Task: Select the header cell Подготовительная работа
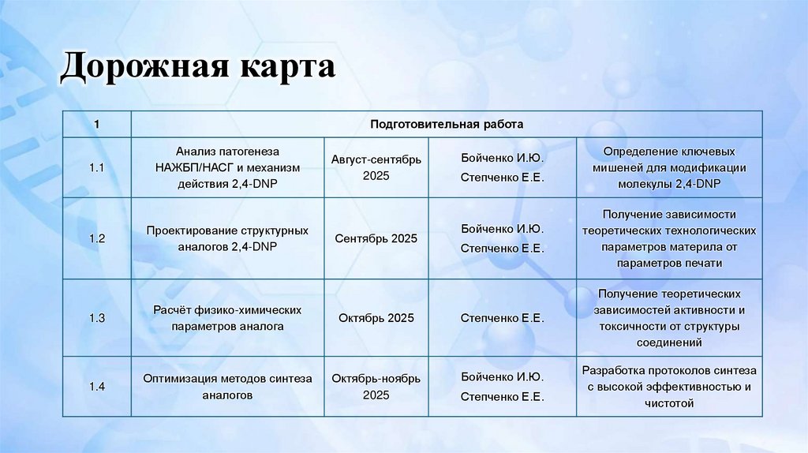(446, 125)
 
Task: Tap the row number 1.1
(97, 167)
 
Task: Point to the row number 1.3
(97, 318)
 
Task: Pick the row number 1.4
(97, 387)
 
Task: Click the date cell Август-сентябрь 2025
(376, 167)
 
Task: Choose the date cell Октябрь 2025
(376, 318)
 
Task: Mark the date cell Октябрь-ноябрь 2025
(376, 387)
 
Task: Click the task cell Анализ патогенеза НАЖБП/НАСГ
(227, 167)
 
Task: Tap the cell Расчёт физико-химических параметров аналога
(227, 318)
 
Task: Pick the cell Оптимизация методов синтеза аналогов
(227, 387)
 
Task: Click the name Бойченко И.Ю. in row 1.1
(503, 158)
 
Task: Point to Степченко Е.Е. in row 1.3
(503, 318)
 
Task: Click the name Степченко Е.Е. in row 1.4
(503, 396)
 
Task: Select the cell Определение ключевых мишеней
(669, 167)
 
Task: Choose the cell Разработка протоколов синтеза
(669, 387)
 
